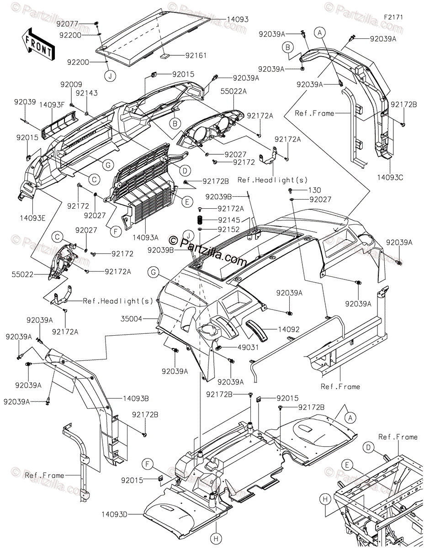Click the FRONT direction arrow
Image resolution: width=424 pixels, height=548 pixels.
(x=38, y=44)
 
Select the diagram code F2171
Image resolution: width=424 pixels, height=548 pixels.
(x=393, y=17)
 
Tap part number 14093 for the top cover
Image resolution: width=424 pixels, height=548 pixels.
(x=237, y=19)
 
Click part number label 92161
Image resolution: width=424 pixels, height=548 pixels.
(x=196, y=55)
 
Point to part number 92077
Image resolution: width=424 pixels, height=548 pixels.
(x=67, y=24)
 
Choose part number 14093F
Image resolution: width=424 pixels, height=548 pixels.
(x=52, y=105)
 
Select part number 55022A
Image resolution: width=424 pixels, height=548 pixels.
(x=233, y=91)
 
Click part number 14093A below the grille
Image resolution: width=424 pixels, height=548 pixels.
(x=146, y=237)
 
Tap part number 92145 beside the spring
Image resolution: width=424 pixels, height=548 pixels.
(x=229, y=220)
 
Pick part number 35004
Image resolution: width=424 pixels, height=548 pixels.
(x=131, y=319)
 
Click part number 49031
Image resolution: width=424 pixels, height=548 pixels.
(x=248, y=348)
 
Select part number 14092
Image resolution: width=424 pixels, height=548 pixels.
(x=289, y=329)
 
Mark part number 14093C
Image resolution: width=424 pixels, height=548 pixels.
(x=390, y=178)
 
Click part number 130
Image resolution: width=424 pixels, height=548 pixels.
(x=314, y=190)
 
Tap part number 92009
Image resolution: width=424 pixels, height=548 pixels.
(x=71, y=84)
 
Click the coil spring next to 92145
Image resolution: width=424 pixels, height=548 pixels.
(x=200, y=220)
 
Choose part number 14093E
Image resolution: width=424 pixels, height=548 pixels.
(x=33, y=218)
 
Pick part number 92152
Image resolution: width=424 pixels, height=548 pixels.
(x=229, y=230)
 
